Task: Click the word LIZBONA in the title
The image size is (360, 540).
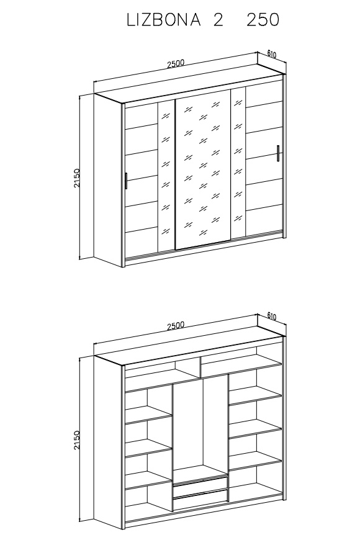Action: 163,20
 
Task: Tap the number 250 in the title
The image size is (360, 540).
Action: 263,20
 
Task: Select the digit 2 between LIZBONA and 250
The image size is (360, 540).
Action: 218,20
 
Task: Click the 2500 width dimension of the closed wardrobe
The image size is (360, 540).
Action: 176,64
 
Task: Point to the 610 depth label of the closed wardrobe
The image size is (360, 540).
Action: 272,54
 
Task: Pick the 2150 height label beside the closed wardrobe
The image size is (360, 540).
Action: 76,178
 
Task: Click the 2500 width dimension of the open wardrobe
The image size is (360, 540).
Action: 176,325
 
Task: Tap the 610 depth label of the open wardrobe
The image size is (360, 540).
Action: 272,316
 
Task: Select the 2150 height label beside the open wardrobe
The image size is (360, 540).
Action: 76,440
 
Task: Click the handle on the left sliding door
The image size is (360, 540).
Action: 127,181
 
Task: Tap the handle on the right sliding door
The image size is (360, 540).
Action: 277,153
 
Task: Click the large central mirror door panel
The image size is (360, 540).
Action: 202,169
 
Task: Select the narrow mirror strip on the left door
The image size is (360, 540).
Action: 166,176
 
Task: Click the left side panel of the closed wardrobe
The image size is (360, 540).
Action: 108,179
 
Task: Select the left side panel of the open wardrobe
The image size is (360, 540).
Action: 108,441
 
